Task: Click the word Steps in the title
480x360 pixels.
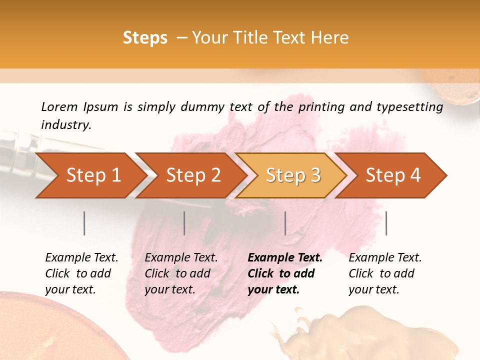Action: (145, 38)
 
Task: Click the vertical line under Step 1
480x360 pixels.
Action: (84, 223)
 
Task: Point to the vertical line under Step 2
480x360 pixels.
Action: (184, 223)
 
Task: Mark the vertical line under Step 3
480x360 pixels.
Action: (285, 223)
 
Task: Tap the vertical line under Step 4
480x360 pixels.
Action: (386, 223)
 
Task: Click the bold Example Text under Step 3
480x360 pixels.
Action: (285, 258)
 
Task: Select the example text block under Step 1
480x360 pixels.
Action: (81, 273)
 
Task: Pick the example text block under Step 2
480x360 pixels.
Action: (181, 273)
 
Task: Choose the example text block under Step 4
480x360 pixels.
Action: (385, 273)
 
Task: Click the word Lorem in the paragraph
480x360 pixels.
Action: (59, 107)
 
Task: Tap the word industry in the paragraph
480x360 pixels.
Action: (65, 125)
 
